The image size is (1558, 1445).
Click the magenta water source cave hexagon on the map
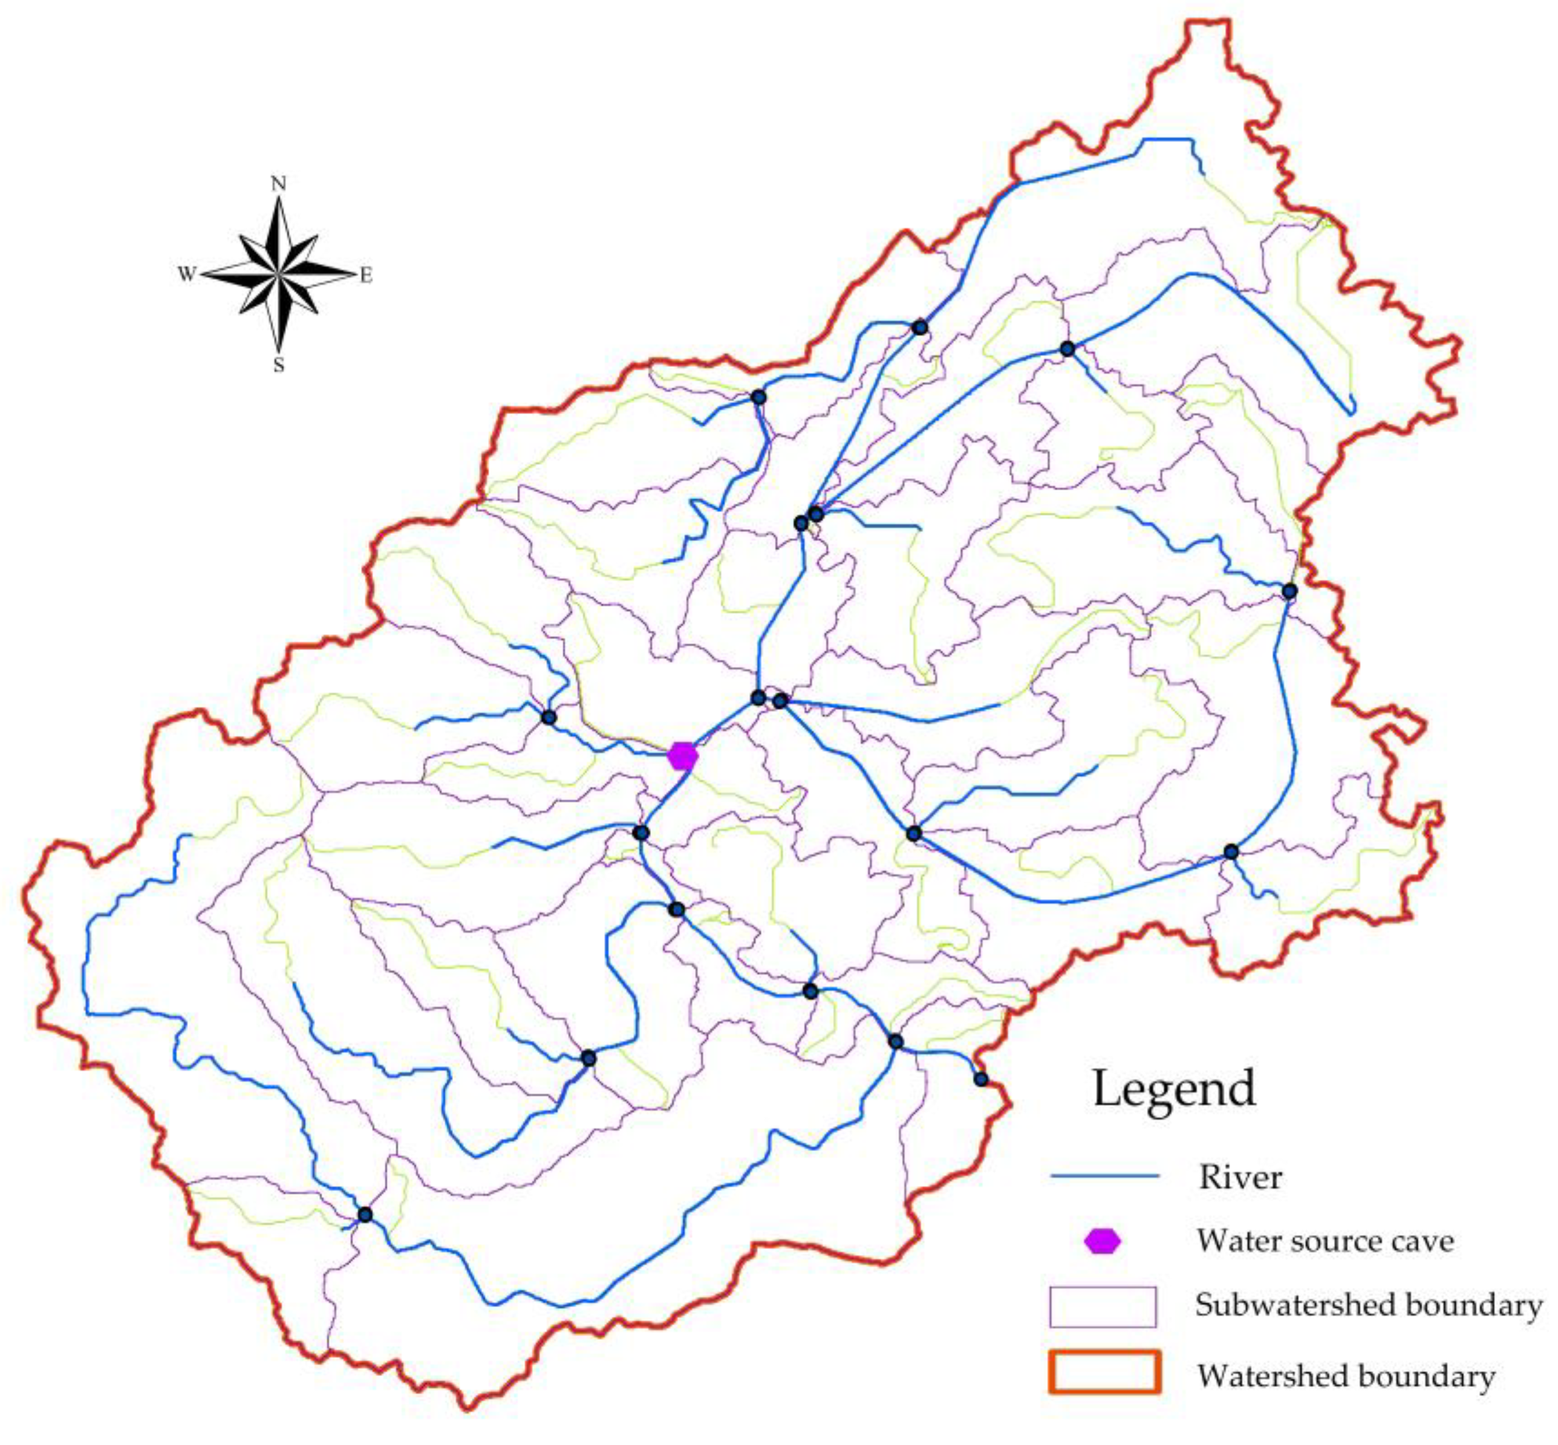(682, 755)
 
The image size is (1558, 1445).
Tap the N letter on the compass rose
(278, 184)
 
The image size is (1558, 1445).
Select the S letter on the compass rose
(278, 365)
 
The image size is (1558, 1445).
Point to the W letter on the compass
(186, 274)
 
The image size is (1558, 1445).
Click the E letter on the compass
(365, 275)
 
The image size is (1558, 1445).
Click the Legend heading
(1173, 1088)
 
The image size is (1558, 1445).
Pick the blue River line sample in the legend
(1104, 1175)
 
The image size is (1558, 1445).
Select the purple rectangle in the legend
(1102, 1307)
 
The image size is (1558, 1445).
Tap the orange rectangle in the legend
(1104, 1372)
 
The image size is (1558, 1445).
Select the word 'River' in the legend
(1240, 1177)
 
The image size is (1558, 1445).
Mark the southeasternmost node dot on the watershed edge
(981, 1079)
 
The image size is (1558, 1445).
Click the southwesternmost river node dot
(365, 1214)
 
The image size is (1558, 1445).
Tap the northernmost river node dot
(920, 327)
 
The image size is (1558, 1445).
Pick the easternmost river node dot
(1289, 591)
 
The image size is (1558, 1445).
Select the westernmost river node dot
(365, 1214)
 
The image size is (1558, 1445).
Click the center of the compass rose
(278, 274)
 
